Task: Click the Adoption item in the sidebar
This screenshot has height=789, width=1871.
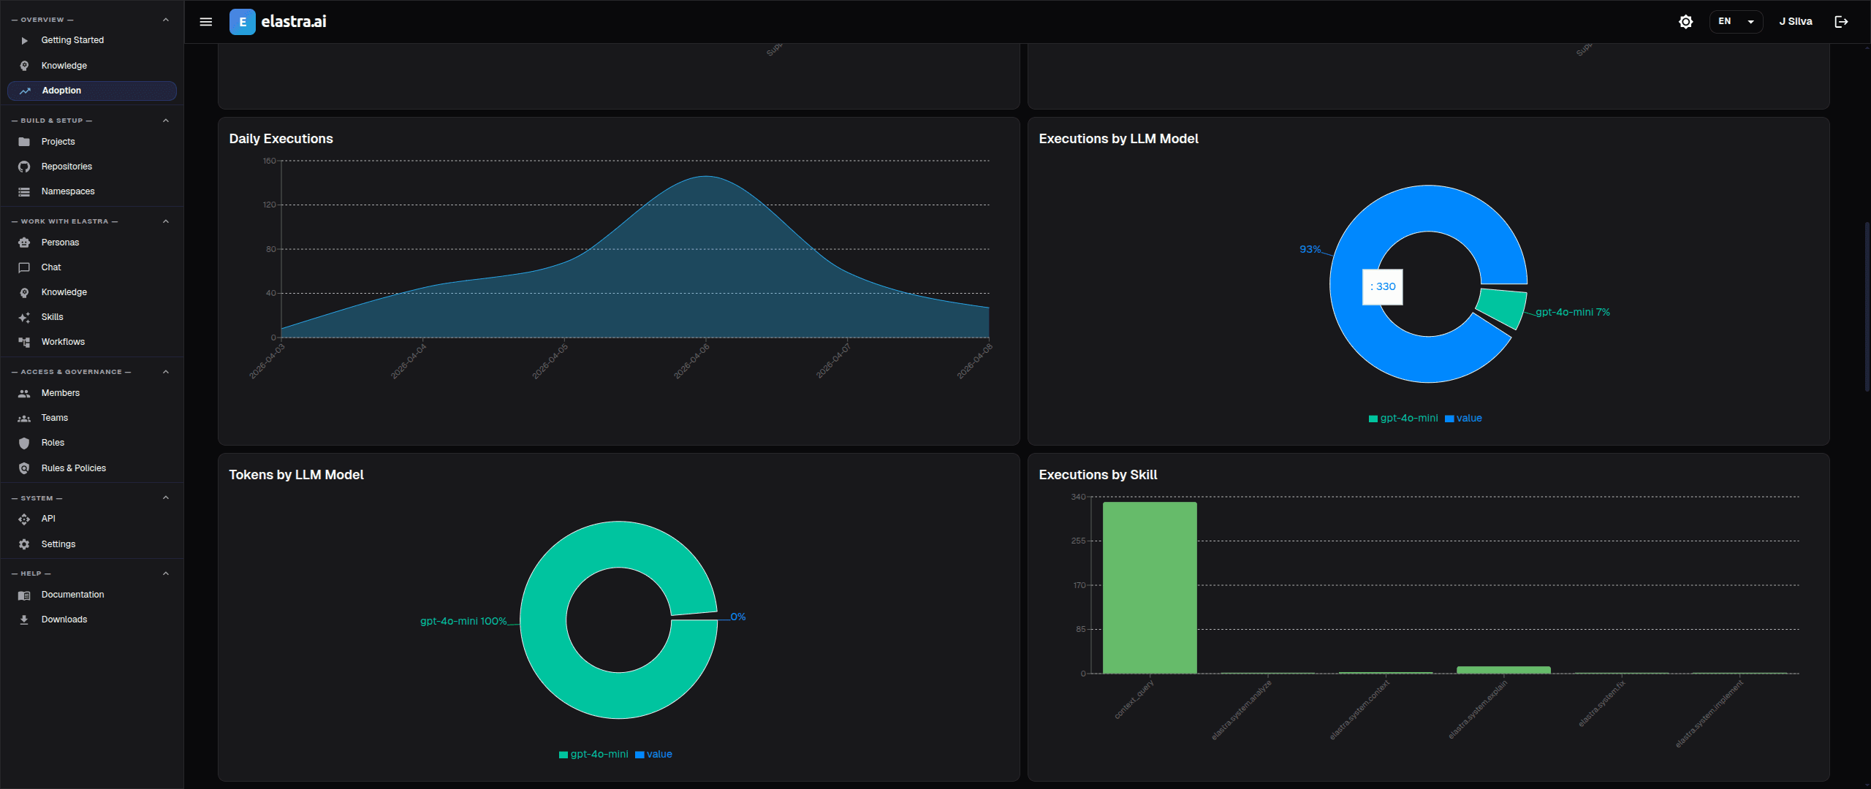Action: click(62, 91)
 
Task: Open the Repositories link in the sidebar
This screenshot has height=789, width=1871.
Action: click(67, 167)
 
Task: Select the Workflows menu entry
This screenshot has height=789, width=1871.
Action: click(63, 342)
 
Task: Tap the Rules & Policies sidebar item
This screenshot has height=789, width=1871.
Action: click(73, 468)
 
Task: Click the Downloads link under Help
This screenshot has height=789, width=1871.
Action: click(64, 620)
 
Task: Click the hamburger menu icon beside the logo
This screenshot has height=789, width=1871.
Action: click(206, 22)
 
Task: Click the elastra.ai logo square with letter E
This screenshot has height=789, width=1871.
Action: click(243, 22)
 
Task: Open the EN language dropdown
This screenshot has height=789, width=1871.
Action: click(1736, 22)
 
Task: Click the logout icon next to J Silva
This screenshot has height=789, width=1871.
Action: click(1842, 22)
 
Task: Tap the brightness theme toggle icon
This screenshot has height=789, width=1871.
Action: click(1685, 22)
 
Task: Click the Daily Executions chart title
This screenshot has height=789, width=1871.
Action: click(281, 139)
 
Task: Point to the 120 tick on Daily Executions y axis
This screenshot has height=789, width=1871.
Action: click(270, 205)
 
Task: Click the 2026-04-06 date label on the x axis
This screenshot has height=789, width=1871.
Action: click(691, 361)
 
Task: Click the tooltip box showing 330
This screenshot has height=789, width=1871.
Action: click(1382, 286)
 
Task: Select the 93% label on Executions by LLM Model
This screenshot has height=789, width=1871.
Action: click(1310, 249)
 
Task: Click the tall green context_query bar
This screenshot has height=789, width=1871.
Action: click(1150, 587)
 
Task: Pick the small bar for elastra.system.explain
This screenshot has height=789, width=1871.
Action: click(1503, 669)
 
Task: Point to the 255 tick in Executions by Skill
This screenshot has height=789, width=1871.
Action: click(1078, 541)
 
